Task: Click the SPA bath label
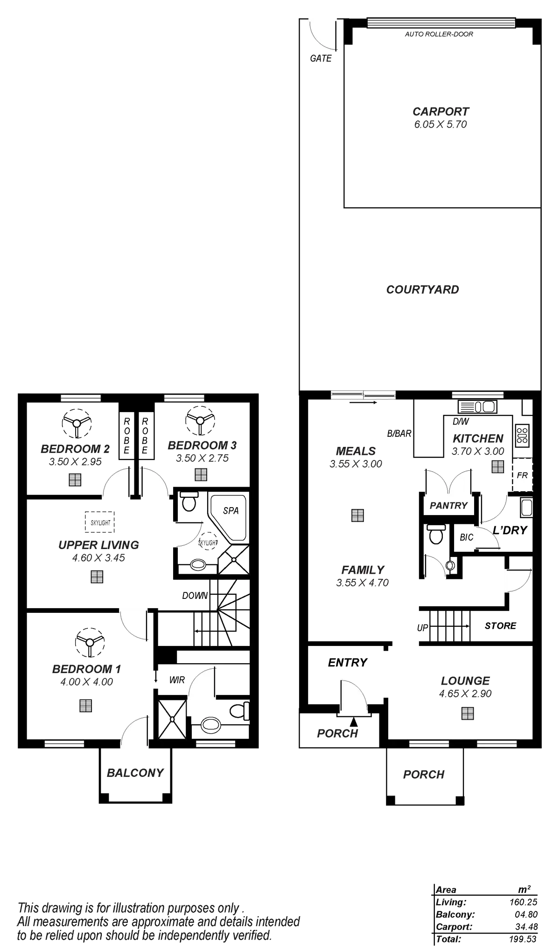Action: coord(231,510)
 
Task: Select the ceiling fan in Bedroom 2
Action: coord(75,423)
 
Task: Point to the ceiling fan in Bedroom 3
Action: coord(200,419)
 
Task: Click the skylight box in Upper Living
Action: coord(100,522)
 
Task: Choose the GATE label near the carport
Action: coord(321,59)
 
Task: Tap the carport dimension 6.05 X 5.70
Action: coord(441,125)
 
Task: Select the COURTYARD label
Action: coord(422,289)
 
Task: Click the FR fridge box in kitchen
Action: coord(522,475)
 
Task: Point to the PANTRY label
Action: coord(448,506)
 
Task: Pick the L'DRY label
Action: coord(510,530)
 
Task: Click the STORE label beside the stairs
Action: coord(500,625)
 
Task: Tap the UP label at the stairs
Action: coord(422,628)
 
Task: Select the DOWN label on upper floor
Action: coord(195,596)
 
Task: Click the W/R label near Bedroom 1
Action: coord(177,680)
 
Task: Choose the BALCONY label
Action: coord(135,773)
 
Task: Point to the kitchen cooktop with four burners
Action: coord(522,434)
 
